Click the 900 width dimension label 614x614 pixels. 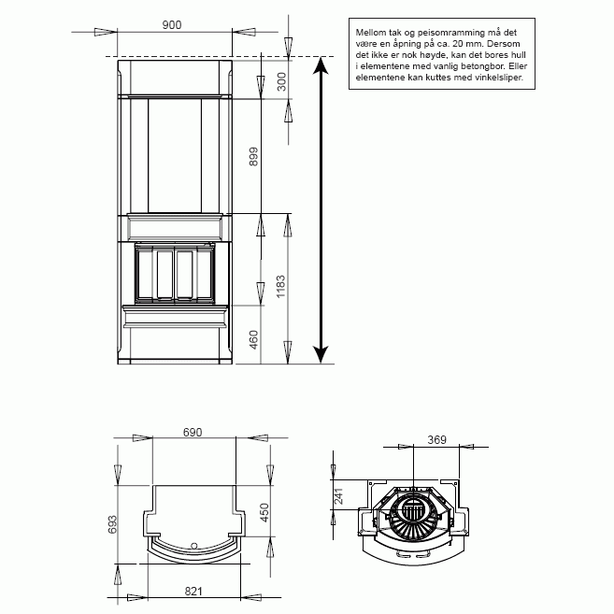pos(172,24)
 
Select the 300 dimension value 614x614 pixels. pos(281,81)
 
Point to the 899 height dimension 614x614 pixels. pos(254,156)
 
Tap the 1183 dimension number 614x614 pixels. pos(280,286)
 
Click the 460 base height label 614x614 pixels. pos(254,339)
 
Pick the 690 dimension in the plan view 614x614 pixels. pos(193,433)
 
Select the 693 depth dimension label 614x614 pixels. pos(112,524)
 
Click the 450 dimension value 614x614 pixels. pos(264,512)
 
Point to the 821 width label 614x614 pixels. pos(193,591)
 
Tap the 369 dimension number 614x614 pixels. pos(436,440)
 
